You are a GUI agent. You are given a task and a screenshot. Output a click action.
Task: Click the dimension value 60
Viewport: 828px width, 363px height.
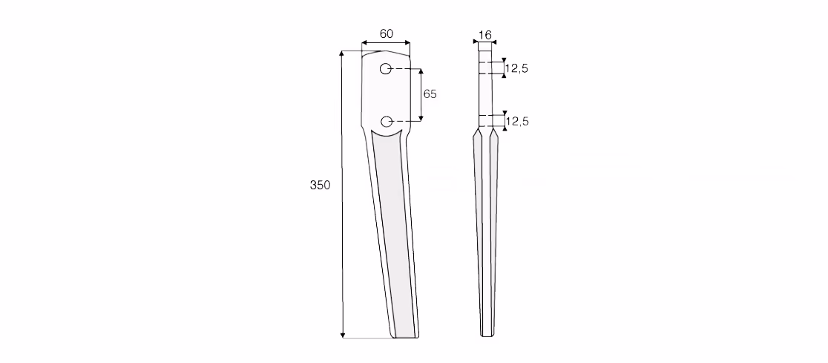[x=386, y=33]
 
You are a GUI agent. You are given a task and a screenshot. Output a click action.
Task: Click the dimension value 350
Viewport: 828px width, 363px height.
[x=320, y=185]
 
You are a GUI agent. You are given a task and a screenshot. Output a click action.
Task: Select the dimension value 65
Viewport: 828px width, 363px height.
[x=430, y=94]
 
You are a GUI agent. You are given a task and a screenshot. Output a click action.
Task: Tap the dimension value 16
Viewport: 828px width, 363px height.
[x=484, y=35]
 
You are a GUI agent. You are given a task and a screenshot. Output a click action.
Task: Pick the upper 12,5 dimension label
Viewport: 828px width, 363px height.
[x=516, y=68]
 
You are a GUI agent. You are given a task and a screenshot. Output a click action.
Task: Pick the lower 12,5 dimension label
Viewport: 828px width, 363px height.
[x=517, y=122]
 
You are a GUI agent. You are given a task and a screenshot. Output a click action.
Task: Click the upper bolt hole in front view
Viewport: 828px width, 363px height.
[x=386, y=69]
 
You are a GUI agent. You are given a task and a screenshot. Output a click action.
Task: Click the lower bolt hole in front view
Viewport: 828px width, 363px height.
[x=387, y=122]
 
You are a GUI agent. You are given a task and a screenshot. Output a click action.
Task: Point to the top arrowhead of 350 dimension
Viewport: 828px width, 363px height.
[x=342, y=54]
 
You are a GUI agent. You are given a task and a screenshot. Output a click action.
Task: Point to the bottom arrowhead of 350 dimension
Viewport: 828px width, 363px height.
[x=343, y=335]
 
